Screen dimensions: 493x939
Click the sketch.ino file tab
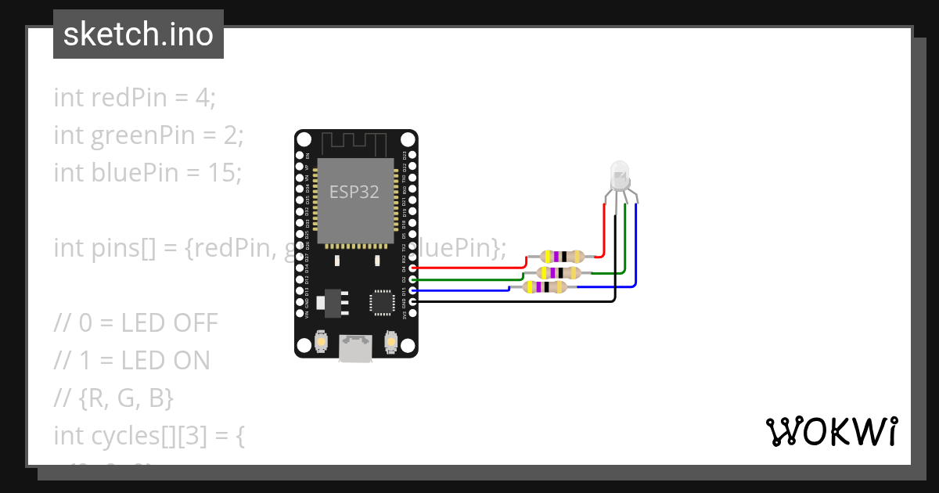tap(139, 34)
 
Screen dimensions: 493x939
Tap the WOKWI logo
tap(830, 431)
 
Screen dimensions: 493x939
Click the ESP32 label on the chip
tap(354, 193)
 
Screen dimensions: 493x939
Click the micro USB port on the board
tap(356, 348)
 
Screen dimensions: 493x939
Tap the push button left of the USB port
tap(320, 342)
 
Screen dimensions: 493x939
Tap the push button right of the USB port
tap(391, 342)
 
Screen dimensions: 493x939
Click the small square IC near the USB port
tap(382, 302)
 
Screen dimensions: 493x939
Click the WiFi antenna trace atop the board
tap(356, 144)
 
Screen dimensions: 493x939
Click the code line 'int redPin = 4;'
tap(134, 98)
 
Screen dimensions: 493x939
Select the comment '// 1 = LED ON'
tap(131, 360)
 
